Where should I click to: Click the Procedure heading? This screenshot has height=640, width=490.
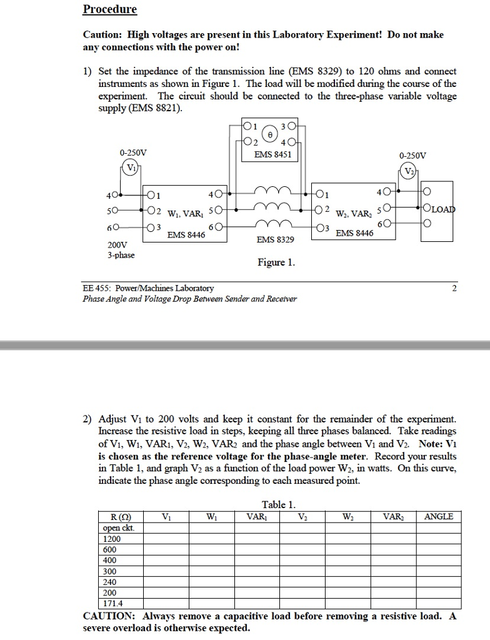[x=109, y=9]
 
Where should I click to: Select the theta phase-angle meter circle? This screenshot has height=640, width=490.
[x=269, y=134]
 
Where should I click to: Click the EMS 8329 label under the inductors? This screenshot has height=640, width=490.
[x=276, y=239]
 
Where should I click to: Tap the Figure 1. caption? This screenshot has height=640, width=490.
[x=276, y=262]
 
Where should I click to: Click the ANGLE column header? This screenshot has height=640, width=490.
[x=439, y=516]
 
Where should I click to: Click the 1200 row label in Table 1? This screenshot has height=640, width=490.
[x=112, y=538]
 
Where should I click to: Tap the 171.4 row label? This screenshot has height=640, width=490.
[x=113, y=604]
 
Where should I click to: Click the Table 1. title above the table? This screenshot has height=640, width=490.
[x=279, y=504]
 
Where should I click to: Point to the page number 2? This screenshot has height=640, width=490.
[x=454, y=288]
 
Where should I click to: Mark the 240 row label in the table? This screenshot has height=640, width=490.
[x=110, y=582]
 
